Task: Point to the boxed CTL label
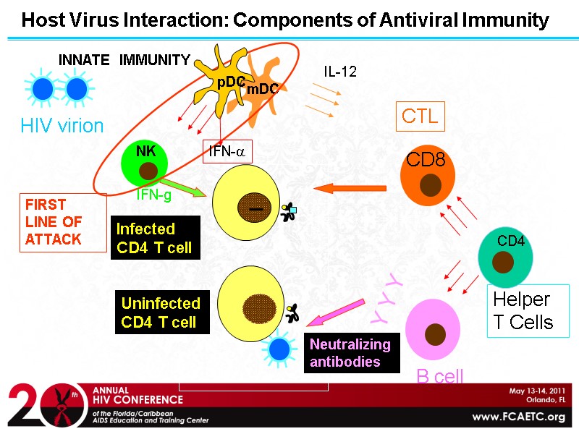click(x=420, y=116)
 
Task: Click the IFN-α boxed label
click(x=227, y=151)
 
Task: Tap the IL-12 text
click(x=339, y=72)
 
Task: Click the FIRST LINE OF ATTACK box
click(x=62, y=221)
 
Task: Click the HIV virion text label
click(x=62, y=126)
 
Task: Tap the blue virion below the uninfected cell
click(x=279, y=349)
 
